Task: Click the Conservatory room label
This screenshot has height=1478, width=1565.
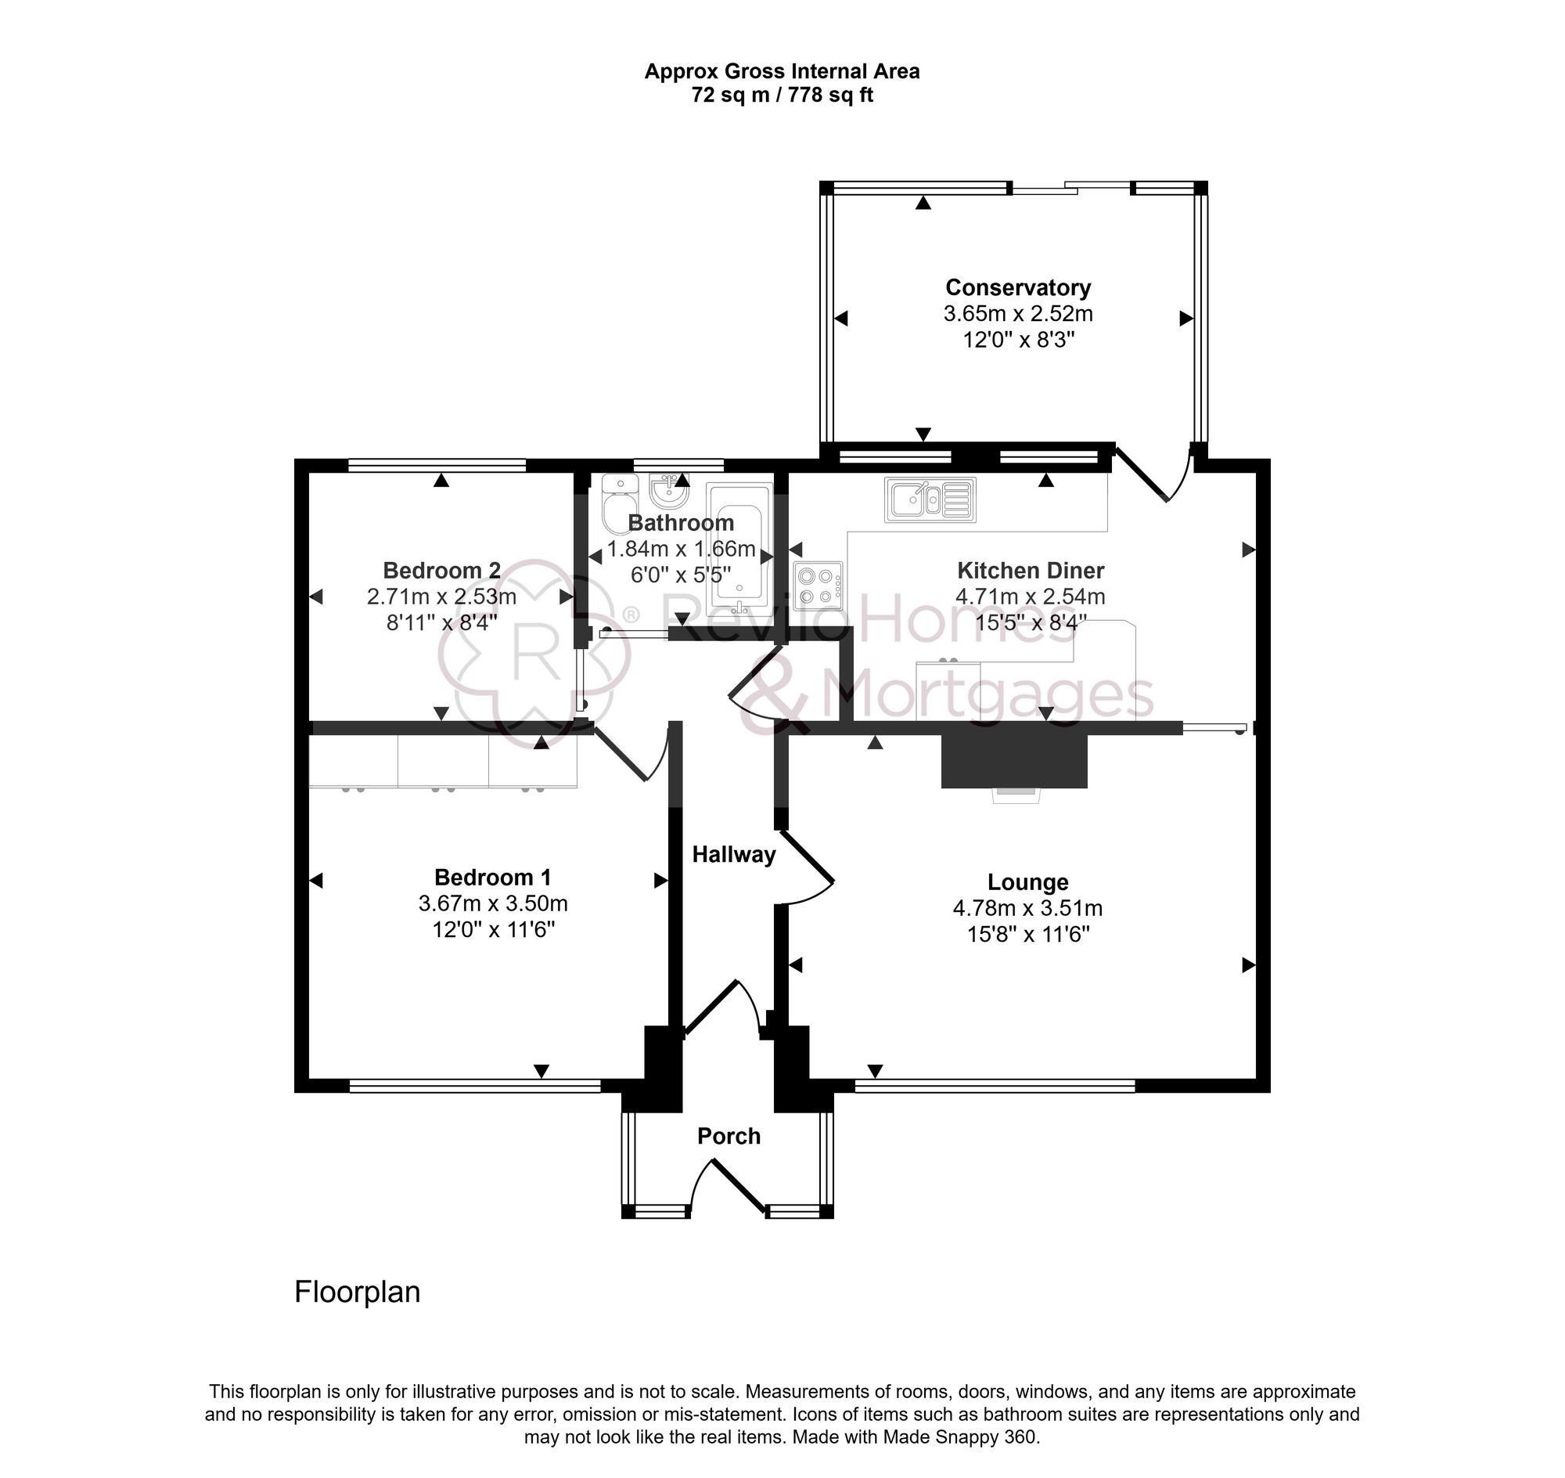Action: pyautogui.click(x=1017, y=287)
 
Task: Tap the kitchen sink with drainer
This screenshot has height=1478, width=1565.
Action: pyautogui.click(x=930, y=499)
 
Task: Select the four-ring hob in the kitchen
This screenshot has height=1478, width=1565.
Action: pyautogui.click(x=818, y=586)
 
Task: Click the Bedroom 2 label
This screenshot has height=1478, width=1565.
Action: pyautogui.click(x=441, y=570)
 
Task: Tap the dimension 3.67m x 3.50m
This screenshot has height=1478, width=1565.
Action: pyautogui.click(x=493, y=903)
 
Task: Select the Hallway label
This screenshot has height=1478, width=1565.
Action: pyautogui.click(x=733, y=855)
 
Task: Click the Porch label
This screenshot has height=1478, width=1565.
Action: pyautogui.click(x=729, y=1136)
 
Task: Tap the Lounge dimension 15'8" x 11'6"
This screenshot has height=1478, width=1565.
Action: pyautogui.click(x=1028, y=935)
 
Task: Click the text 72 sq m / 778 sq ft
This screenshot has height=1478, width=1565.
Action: pyautogui.click(x=781, y=96)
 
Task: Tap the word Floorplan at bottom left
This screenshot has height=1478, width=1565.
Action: pyautogui.click(x=357, y=1292)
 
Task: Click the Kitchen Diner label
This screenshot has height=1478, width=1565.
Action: pyautogui.click(x=1031, y=570)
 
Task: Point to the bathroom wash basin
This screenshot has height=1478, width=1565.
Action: pyautogui.click(x=669, y=492)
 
